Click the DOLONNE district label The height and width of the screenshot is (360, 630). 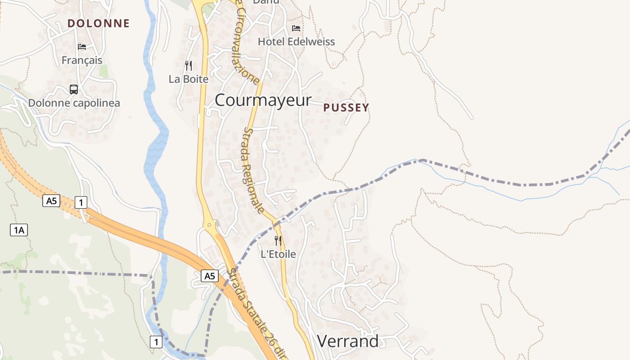(x=99, y=23)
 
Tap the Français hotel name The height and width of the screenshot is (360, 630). (x=82, y=60)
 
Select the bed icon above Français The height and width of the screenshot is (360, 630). (x=82, y=46)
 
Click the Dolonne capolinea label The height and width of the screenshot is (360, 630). (x=74, y=103)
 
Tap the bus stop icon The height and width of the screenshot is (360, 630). (x=74, y=89)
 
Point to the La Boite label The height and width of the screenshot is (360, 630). (x=189, y=79)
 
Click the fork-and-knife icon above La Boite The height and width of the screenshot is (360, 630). (x=189, y=66)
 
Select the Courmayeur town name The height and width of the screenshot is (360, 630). (x=263, y=100)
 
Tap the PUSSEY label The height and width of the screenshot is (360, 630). (x=346, y=108)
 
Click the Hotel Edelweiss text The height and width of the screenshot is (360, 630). (x=296, y=42)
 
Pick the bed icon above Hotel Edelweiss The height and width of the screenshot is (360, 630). (x=296, y=28)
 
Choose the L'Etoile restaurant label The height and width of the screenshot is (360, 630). (x=279, y=254)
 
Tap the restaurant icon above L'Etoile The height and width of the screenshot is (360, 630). (x=279, y=241)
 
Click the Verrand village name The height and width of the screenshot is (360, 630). (x=348, y=342)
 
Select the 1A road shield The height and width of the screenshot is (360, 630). (x=19, y=230)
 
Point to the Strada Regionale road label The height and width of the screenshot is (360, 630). (x=253, y=170)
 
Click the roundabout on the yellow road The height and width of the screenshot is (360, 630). (x=209, y=224)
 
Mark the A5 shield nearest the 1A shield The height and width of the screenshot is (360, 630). (x=51, y=201)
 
